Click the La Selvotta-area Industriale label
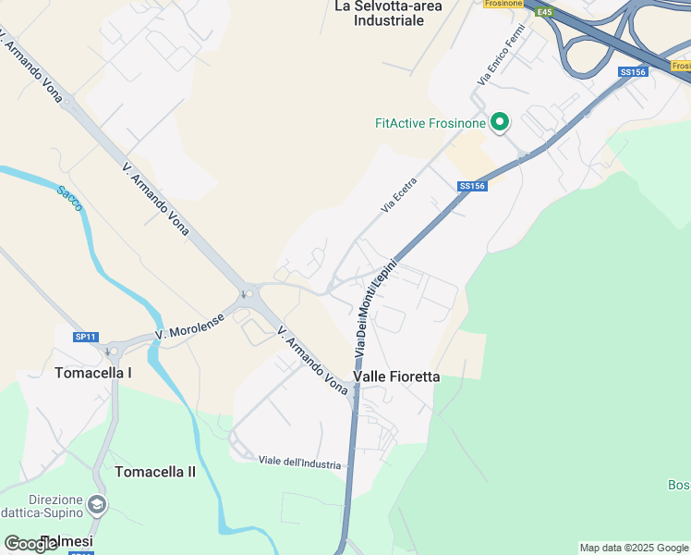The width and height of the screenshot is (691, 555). (x=388, y=13)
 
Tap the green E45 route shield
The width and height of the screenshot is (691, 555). (x=544, y=12)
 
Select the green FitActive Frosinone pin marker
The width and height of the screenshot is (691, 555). (x=500, y=122)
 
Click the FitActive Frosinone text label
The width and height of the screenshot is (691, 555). (x=430, y=123)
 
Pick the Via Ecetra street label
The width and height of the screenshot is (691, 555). (x=399, y=195)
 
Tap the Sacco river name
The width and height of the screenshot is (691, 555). (x=69, y=198)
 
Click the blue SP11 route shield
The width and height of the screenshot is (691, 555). (x=86, y=337)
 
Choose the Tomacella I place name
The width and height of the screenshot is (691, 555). (x=93, y=373)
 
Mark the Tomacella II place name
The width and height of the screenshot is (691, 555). (x=155, y=472)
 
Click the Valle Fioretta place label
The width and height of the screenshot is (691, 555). (x=396, y=376)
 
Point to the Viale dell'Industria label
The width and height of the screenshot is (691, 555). (x=299, y=462)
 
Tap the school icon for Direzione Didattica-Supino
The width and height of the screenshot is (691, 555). (x=97, y=505)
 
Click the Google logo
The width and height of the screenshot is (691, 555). (x=30, y=544)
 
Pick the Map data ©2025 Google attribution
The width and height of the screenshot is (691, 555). (x=635, y=548)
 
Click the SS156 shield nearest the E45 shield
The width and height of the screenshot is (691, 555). (x=634, y=71)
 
